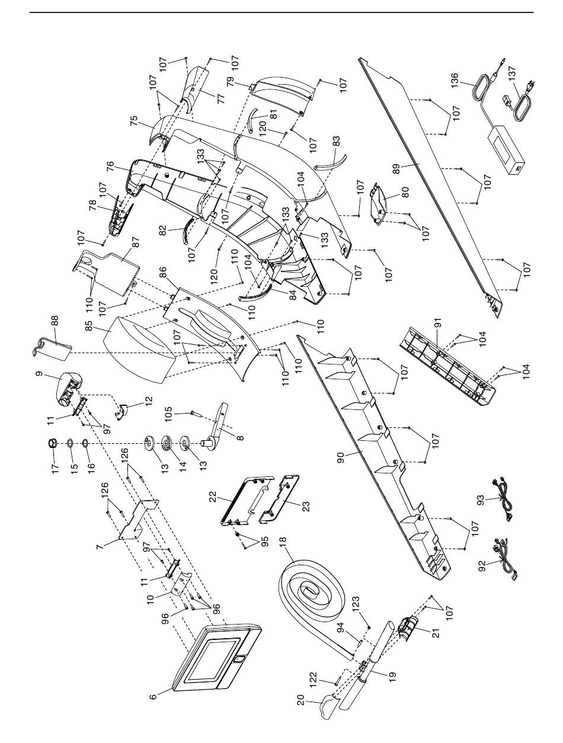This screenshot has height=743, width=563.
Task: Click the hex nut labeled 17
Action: (52, 443)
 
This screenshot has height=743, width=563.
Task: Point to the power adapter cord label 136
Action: (455, 80)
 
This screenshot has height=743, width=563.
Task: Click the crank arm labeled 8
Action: (220, 427)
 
